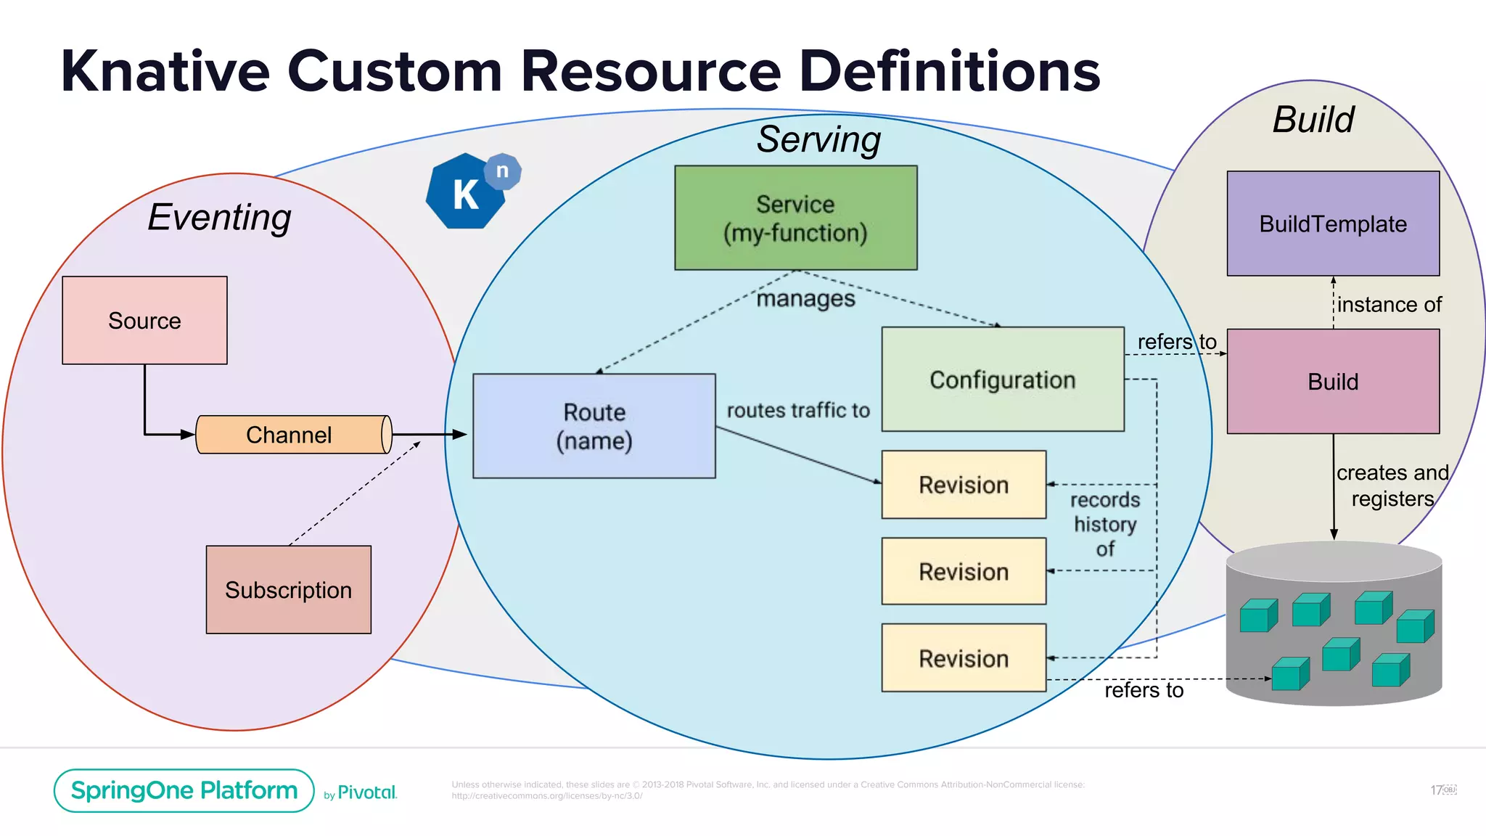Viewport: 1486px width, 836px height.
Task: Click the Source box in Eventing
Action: point(144,320)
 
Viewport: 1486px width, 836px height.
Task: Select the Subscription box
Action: point(288,589)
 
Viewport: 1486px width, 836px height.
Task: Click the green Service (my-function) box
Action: point(795,218)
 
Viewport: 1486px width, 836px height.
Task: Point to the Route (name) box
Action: point(594,426)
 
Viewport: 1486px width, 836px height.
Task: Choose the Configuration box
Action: point(1002,380)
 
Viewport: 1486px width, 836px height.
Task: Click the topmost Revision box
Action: point(963,485)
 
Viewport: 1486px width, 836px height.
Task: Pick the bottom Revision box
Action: point(963,658)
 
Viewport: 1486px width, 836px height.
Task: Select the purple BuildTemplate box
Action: point(1332,224)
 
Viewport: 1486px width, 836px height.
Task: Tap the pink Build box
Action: point(1332,382)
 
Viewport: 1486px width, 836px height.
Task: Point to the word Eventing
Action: point(219,217)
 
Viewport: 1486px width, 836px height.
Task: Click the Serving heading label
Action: point(818,139)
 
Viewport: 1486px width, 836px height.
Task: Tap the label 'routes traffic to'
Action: point(798,411)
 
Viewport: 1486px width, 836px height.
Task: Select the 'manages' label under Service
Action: point(805,298)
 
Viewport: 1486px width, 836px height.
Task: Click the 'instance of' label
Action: point(1389,305)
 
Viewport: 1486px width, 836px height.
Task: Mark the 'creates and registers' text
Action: point(1392,485)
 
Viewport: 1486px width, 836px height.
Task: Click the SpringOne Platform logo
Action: point(184,790)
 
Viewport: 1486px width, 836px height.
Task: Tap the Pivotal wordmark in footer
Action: point(366,792)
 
